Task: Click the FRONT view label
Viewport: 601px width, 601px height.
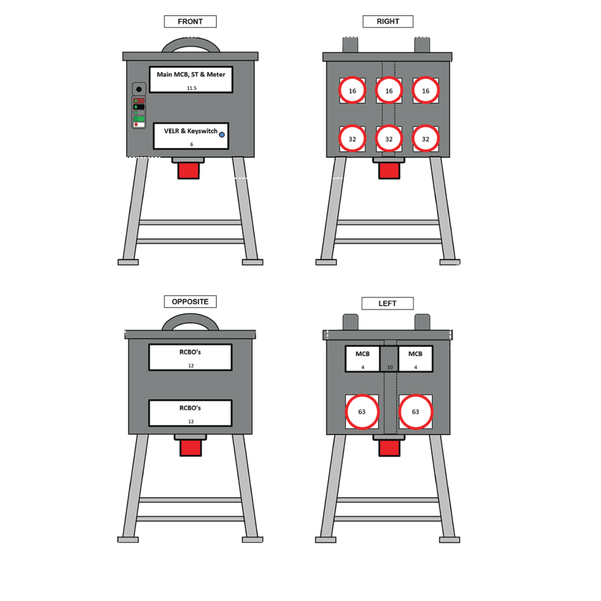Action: pyautogui.click(x=190, y=22)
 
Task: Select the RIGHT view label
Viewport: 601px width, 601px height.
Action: pyautogui.click(x=387, y=22)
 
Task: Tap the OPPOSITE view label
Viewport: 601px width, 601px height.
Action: pyautogui.click(x=190, y=302)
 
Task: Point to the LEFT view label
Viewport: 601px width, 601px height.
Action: pyautogui.click(x=387, y=303)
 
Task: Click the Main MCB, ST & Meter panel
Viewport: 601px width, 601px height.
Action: pyautogui.click(x=191, y=79)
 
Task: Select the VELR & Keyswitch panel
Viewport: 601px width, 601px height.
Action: pyautogui.click(x=191, y=136)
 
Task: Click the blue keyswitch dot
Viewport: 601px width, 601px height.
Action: pyautogui.click(x=222, y=134)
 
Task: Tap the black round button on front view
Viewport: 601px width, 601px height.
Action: pyautogui.click(x=139, y=89)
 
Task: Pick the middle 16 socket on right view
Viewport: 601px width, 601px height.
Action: pyautogui.click(x=389, y=91)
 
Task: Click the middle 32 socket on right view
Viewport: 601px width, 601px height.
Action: pyautogui.click(x=389, y=139)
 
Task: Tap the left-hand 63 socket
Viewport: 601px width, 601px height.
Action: pyautogui.click(x=362, y=412)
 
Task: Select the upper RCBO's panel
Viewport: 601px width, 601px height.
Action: pyautogui.click(x=190, y=357)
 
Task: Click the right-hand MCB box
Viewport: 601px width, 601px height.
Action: pyautogui.click(x=416, y=359)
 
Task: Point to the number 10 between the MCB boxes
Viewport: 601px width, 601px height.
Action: pyautogui.click(x=389, y=367)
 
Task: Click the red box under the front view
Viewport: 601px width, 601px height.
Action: pyautogui.click(x=188, y=171)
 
